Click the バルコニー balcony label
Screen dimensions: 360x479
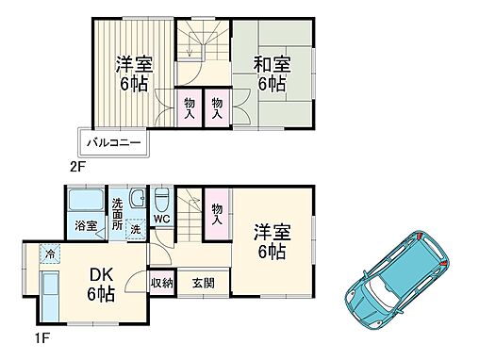click(113, 144)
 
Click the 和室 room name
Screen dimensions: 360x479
click(271, 64)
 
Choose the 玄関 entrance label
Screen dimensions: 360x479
click(203, 283)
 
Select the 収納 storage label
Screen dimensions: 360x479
click(161, 283)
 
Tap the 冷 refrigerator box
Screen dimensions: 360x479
click(48, 254)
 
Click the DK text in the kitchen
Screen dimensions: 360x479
click(102, 275)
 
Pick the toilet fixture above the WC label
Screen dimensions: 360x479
click(161, 200)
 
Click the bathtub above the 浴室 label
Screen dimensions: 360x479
click(88, 202)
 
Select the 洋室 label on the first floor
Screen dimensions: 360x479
click(270, 242)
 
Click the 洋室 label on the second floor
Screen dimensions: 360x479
click(133, 73)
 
